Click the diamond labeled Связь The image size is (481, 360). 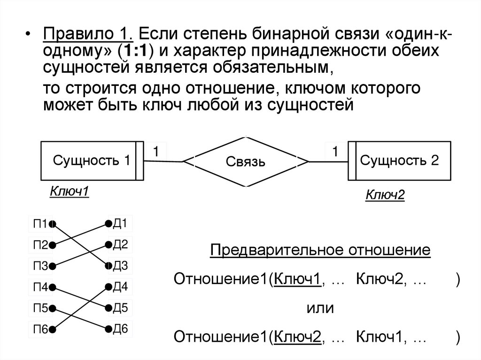tap(246, 162)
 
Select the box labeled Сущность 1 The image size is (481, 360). tap(92, 161)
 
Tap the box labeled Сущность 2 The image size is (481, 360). tap(399, 161)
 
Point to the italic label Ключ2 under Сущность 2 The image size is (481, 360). tap(385, 195)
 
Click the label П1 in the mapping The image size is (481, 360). tap(40, 224)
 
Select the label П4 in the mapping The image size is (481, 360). tap(40, 287)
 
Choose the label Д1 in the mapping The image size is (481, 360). tap(120, 223)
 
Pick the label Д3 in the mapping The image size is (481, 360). tap(120, 266)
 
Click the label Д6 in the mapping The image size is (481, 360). tap(120, 329)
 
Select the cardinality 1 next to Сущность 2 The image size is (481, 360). tap(335, 151)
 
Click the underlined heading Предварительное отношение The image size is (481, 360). tap(320, 250)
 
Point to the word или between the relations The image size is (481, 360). tap(320, 308)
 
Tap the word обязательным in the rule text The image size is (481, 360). tap(267, 67)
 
